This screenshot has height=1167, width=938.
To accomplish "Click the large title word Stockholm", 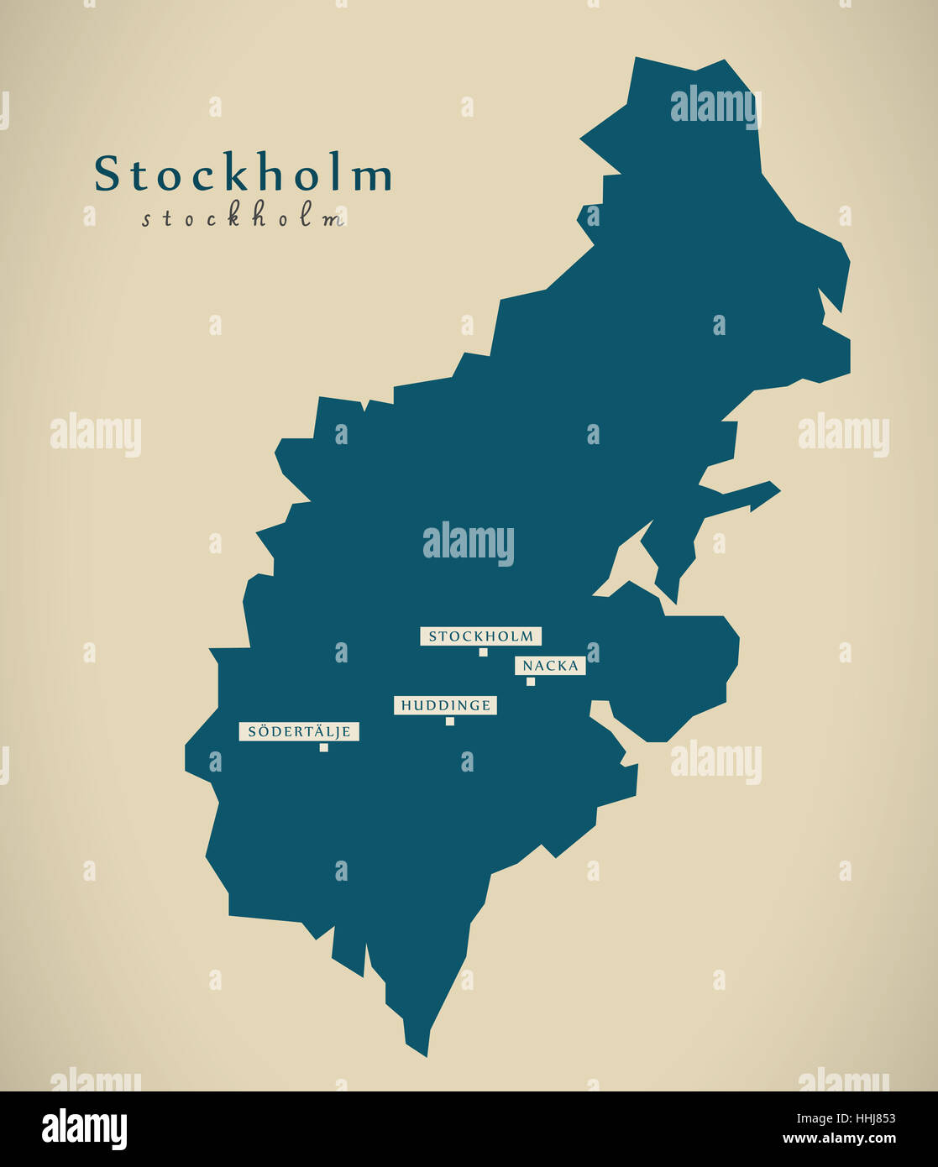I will pos(243,174).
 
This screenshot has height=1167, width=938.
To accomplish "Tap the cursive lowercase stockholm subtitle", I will pos(243,218).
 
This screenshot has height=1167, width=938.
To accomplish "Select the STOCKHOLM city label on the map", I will pos(481,636).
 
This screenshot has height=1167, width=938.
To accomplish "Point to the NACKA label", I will pos(550,666).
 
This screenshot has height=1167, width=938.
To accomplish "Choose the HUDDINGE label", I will pos(445,705).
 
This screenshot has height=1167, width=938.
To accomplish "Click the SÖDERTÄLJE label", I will pos(299,731).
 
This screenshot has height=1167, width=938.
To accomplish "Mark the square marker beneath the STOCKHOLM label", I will pos(483,652).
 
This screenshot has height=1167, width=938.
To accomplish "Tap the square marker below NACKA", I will pos(531,682).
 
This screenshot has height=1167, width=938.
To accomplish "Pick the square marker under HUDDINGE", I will pos(450,721).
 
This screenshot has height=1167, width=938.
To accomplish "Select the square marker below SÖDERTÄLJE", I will pos(323,747).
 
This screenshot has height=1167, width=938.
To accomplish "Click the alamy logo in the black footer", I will pos(84,1129).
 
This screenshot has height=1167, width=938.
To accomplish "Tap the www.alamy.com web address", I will pos(839,1139).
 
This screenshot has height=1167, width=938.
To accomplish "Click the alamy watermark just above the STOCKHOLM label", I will pos(468,543).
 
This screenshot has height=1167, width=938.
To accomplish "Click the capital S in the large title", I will pos(107,174).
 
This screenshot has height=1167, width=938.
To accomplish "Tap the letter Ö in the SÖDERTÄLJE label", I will pos(262,731).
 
